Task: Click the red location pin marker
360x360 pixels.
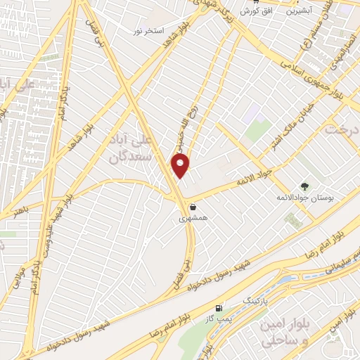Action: (181, 166)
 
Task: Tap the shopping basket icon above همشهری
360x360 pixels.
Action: (193, 207)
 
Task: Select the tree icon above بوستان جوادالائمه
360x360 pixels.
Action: (304, 186)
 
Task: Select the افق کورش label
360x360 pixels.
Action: (254, 12)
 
